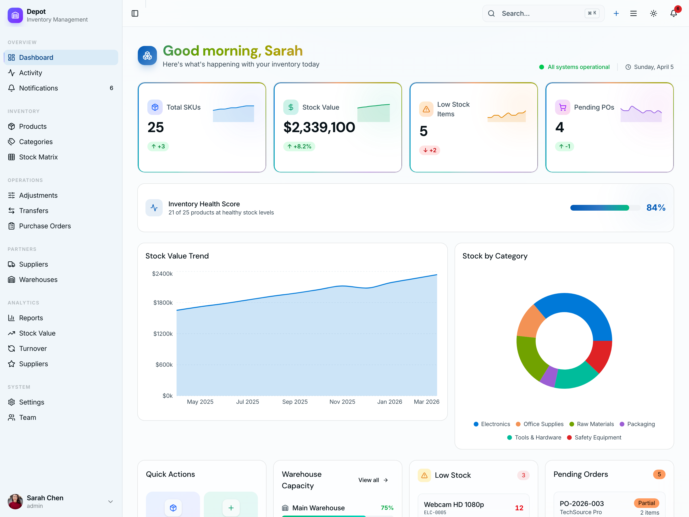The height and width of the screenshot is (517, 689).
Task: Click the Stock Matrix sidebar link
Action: point(38,157)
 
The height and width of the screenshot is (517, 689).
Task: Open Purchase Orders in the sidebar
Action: point(45,226)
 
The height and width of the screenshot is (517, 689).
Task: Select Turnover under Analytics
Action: point(33,348)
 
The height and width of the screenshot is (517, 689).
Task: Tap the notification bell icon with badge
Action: point(673,13)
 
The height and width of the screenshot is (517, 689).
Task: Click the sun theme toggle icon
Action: point(654,13)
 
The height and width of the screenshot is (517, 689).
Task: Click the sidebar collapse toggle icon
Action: point(135,13)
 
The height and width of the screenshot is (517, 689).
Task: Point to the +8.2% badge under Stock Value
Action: point(299,146)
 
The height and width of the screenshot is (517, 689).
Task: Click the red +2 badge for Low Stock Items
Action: point(429,150)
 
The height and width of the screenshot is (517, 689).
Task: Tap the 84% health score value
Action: point(656,208)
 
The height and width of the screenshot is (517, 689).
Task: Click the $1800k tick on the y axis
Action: point(163,303)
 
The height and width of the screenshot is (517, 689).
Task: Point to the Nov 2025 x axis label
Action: point(342,402)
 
